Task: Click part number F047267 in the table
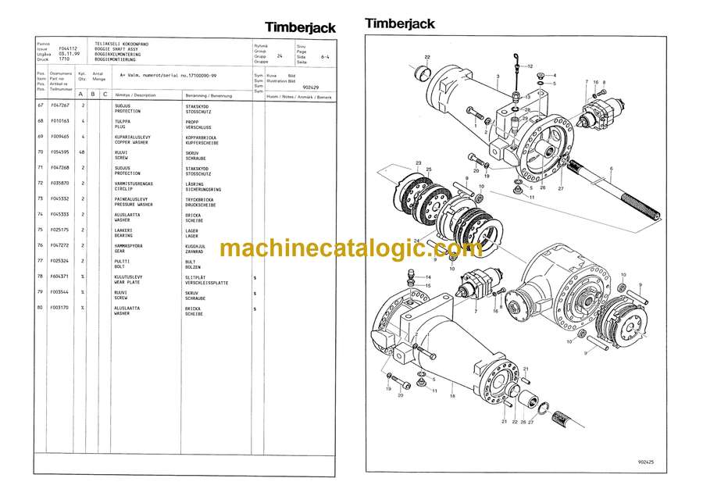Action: (x=60, y=105)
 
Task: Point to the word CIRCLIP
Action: (x=123, y=188)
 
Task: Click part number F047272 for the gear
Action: (x=60, y=245)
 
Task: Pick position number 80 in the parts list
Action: (x=41, y=308)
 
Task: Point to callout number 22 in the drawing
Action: (x=427, y=57)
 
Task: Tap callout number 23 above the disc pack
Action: (x=419, y=163)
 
